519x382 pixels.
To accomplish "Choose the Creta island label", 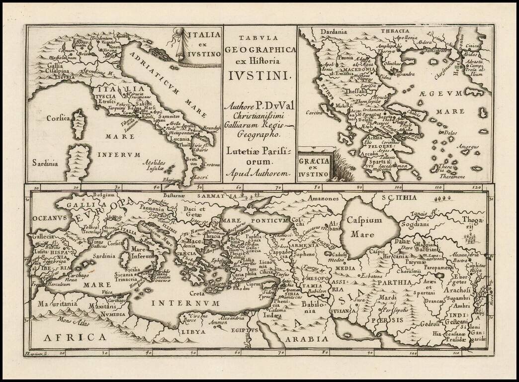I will pyautogui.click(x=197, y=294).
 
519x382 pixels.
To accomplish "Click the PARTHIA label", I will pyautogui.click(x=394, y=282).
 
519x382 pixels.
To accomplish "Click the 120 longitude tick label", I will pyautogui.click(x=476, y=188).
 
